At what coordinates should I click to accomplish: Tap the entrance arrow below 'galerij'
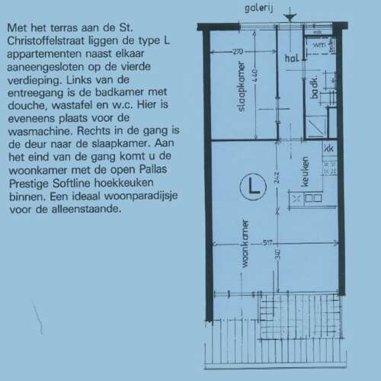[x=288, y=18]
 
